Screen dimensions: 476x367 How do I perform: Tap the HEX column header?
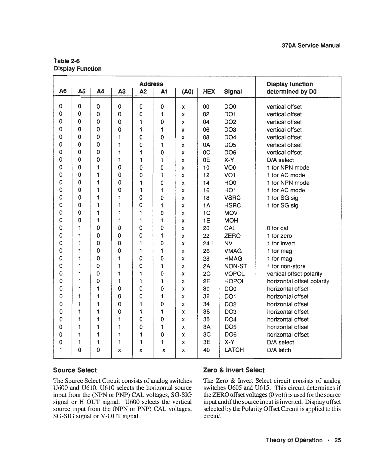(209, 92)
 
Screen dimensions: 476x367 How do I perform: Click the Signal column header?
(233, 92)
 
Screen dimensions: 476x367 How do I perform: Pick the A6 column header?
(63, 92)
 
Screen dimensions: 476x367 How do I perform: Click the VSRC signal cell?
(233, 198)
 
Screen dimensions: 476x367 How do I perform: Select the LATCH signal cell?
(234, 350)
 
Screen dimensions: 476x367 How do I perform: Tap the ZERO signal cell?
(233, 236)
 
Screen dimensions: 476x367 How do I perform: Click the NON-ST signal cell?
(236, 266)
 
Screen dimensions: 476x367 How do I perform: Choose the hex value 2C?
(206, 274)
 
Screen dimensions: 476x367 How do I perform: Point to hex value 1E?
(206, 221)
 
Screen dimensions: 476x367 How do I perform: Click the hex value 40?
(206, 350)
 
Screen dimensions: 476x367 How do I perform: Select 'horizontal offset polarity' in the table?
(298, 281)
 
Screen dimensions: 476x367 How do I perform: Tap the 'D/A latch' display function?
(279, 350)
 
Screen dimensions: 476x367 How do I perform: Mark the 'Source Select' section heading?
(75, 370)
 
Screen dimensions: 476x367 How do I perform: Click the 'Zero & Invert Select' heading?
(234, 370)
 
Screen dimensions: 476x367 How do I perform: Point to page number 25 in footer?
(338, 440)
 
